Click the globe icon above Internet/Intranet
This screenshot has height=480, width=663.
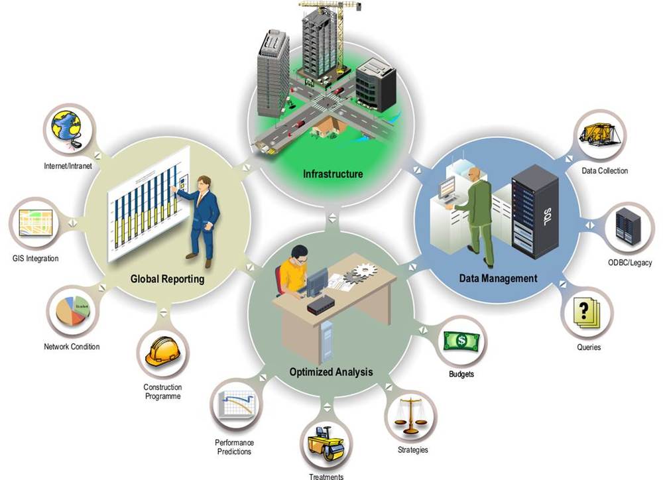tap(65, 128)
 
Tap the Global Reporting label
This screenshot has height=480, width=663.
tap(167, 279)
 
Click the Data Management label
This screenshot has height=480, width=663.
tap(498, 278)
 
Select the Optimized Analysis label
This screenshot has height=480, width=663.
tap(331, 371)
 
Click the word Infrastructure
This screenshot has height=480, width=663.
tap(333, 174)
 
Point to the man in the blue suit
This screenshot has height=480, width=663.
tap(202, 212)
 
